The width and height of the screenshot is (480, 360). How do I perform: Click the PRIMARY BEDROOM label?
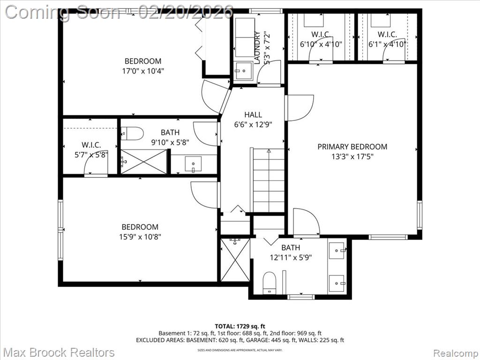[352, 147]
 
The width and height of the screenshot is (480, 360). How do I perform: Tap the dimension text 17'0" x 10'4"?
[143, 71]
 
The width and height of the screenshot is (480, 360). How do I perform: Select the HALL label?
[253, 114]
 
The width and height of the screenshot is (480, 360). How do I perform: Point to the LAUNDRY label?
[257, 47]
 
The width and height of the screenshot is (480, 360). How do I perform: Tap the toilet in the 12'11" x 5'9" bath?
[270, 283]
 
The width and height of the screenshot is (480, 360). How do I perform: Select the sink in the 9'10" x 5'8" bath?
[193, 165]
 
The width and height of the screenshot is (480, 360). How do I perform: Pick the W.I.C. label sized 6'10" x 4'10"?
[321, 34]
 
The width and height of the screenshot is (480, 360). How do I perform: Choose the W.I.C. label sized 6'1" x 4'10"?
[387, 34]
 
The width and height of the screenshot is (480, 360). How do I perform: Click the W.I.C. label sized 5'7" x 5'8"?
[91, 145]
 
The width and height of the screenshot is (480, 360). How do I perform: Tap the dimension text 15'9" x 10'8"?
[140, 237]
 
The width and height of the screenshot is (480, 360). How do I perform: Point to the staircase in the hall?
[268, 180]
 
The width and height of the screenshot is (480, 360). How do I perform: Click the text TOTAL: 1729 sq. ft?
[240, 326]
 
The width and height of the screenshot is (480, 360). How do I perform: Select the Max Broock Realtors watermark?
[59, 352]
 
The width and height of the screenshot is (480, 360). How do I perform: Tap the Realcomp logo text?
[455, 352]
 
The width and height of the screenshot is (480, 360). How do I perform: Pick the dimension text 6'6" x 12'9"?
[253, 125]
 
